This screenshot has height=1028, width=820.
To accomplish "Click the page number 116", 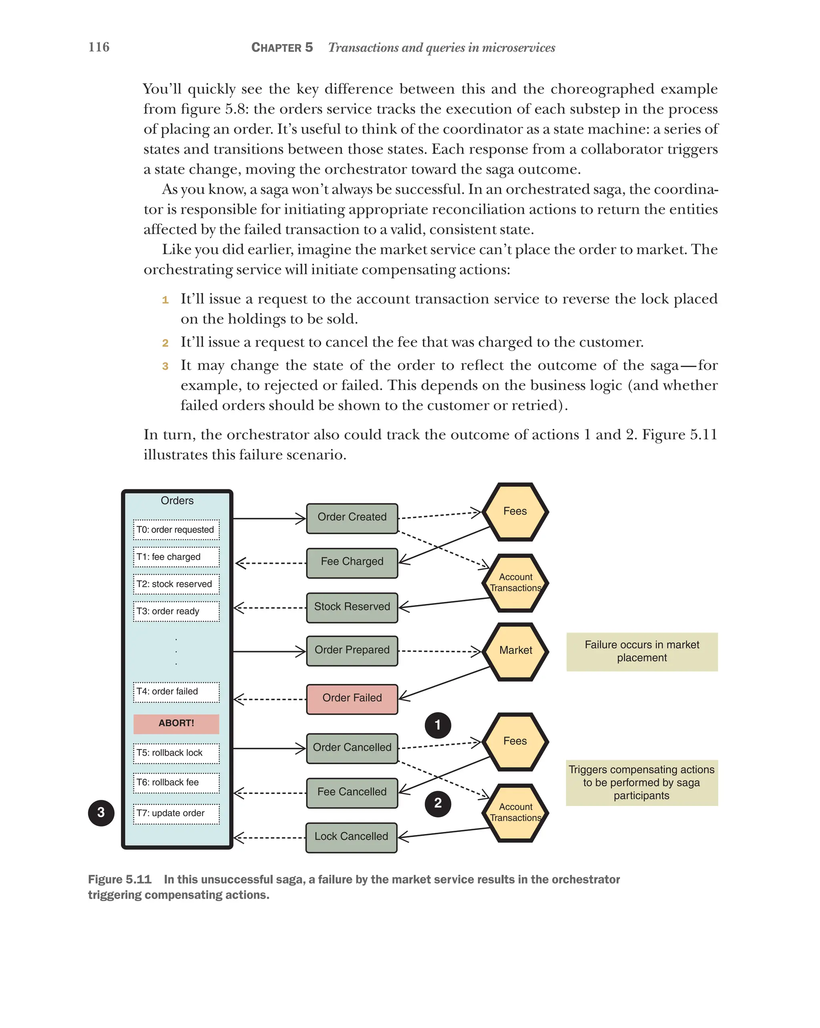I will coord(99,47).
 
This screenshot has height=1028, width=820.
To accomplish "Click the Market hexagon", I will coord(515,650).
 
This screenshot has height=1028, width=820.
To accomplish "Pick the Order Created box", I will coord(352,517).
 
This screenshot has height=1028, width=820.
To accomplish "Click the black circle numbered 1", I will coord(438,725).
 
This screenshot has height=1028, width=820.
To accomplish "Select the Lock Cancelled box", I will coord(351,837).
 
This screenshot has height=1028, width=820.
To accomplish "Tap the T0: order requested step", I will coord(176,530).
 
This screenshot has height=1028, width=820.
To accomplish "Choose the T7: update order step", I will coord(176,814).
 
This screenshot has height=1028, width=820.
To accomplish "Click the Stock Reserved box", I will coord(352,607).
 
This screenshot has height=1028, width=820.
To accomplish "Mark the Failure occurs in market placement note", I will coord(641,651).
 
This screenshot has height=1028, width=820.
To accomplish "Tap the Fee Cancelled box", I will coord(352,792).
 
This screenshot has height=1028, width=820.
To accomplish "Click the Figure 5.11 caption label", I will coord(119,879).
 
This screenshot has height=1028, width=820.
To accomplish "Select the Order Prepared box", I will coord(352,650).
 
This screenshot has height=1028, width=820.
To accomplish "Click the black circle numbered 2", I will coord(438,804).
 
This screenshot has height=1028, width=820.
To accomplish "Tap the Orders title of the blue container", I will coord(177,501).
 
